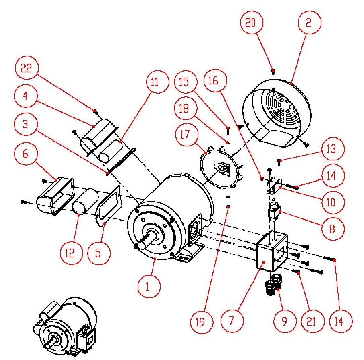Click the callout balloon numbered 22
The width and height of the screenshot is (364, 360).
pyautogui.click(x=26, y=69)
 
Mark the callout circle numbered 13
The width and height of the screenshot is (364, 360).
pyautogui.click(x=331, y=149)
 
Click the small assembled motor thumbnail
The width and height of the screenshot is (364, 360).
pyautogui.click(x=66, y=328)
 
